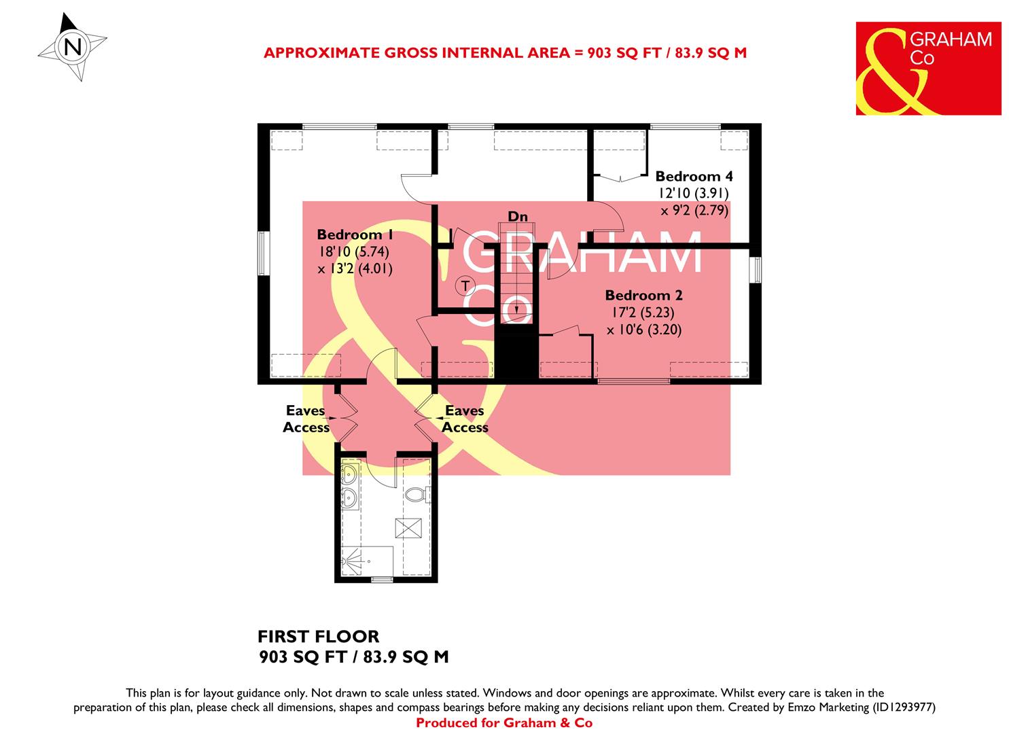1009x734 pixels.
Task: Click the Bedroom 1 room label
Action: point(355,235)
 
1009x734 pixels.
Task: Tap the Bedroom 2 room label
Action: point(643,296)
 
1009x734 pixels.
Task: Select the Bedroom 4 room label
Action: point(694,177)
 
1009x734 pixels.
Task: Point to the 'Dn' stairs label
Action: point(518,217)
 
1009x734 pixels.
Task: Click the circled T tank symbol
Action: point(465,285)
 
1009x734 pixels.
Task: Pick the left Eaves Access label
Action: point(306,419)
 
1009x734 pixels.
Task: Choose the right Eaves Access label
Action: point(465,419)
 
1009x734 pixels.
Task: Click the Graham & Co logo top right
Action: point(928,69)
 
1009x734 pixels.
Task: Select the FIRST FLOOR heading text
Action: point(318,637)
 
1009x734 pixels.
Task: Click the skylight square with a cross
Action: point(410,527)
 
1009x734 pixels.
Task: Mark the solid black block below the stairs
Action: point(516,352)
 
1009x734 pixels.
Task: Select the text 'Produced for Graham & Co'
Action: point(503,723)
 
